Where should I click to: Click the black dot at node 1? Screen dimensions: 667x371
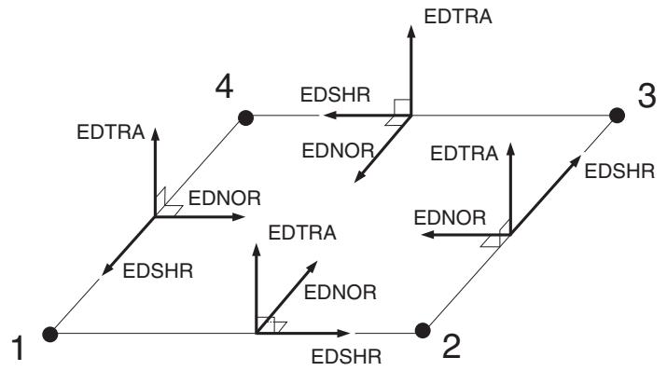coord(50,334)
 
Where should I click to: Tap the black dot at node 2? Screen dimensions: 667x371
coord(423,330)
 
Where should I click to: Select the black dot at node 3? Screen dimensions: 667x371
coord(617,116)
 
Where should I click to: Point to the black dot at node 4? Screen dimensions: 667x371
coord(246,117)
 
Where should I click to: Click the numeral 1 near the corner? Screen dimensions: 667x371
coord(18,349)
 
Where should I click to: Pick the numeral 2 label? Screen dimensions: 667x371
coord(452,347)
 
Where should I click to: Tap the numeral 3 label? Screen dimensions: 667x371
coord(646,95)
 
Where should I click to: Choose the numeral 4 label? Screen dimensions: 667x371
coord(224,87)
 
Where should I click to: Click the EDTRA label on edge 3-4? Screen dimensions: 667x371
coord(458,17)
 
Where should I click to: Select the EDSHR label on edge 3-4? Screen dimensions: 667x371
coord(335,95)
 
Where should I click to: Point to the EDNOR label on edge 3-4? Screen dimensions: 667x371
coord(339,150)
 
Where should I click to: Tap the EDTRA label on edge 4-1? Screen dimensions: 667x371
coord(111,132)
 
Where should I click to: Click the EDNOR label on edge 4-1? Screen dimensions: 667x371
coord(225,199)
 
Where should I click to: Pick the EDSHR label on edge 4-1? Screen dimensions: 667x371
coord(158,270)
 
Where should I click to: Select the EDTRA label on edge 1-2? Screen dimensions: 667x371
coord(302,233)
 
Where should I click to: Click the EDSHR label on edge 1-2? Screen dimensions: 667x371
coord(346,357)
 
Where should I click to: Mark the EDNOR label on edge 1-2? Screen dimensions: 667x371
coord(340,293)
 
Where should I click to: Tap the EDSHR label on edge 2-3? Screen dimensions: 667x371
coord(619,172)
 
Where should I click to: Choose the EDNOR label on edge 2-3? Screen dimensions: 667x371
coord(450,218)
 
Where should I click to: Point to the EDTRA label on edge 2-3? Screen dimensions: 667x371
coord(464,154)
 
